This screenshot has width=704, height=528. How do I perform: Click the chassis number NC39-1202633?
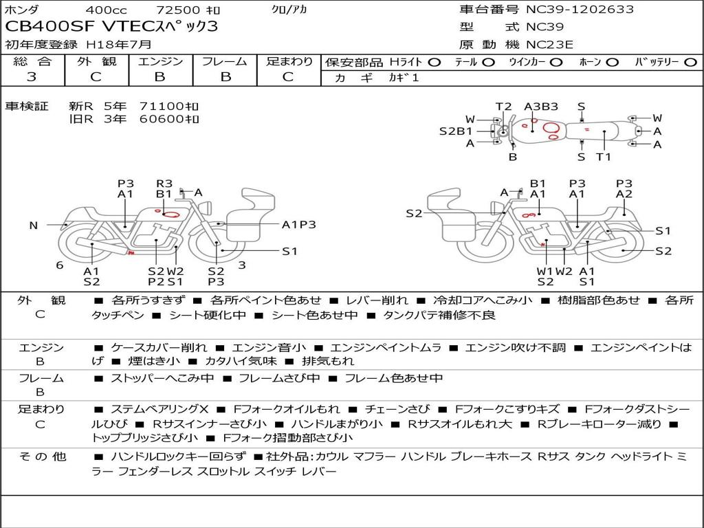[580, 10]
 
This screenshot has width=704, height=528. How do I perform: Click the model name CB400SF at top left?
[49, 27]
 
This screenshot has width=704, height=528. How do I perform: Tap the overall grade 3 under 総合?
[32, 77]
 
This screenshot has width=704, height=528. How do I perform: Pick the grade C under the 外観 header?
[96, 77]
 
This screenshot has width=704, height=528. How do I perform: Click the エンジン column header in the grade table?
[160, 61]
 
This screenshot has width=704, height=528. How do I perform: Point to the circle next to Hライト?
[434, 63]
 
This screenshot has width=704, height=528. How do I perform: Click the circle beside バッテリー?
[690, 63]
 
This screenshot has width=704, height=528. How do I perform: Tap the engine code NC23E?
[549, 45]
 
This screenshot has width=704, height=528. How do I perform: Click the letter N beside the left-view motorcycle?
[34, 225]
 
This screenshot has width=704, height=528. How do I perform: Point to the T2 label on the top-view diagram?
[503, 107]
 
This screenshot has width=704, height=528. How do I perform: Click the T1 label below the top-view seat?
[604, 157]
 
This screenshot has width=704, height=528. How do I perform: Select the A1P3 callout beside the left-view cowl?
[298, 225]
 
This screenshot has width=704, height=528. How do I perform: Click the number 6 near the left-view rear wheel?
[60, 265]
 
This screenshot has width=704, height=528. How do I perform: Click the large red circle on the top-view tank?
[551, 128]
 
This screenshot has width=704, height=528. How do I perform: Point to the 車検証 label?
[27, 107]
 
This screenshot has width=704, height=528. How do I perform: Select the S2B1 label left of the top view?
[456, 131]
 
